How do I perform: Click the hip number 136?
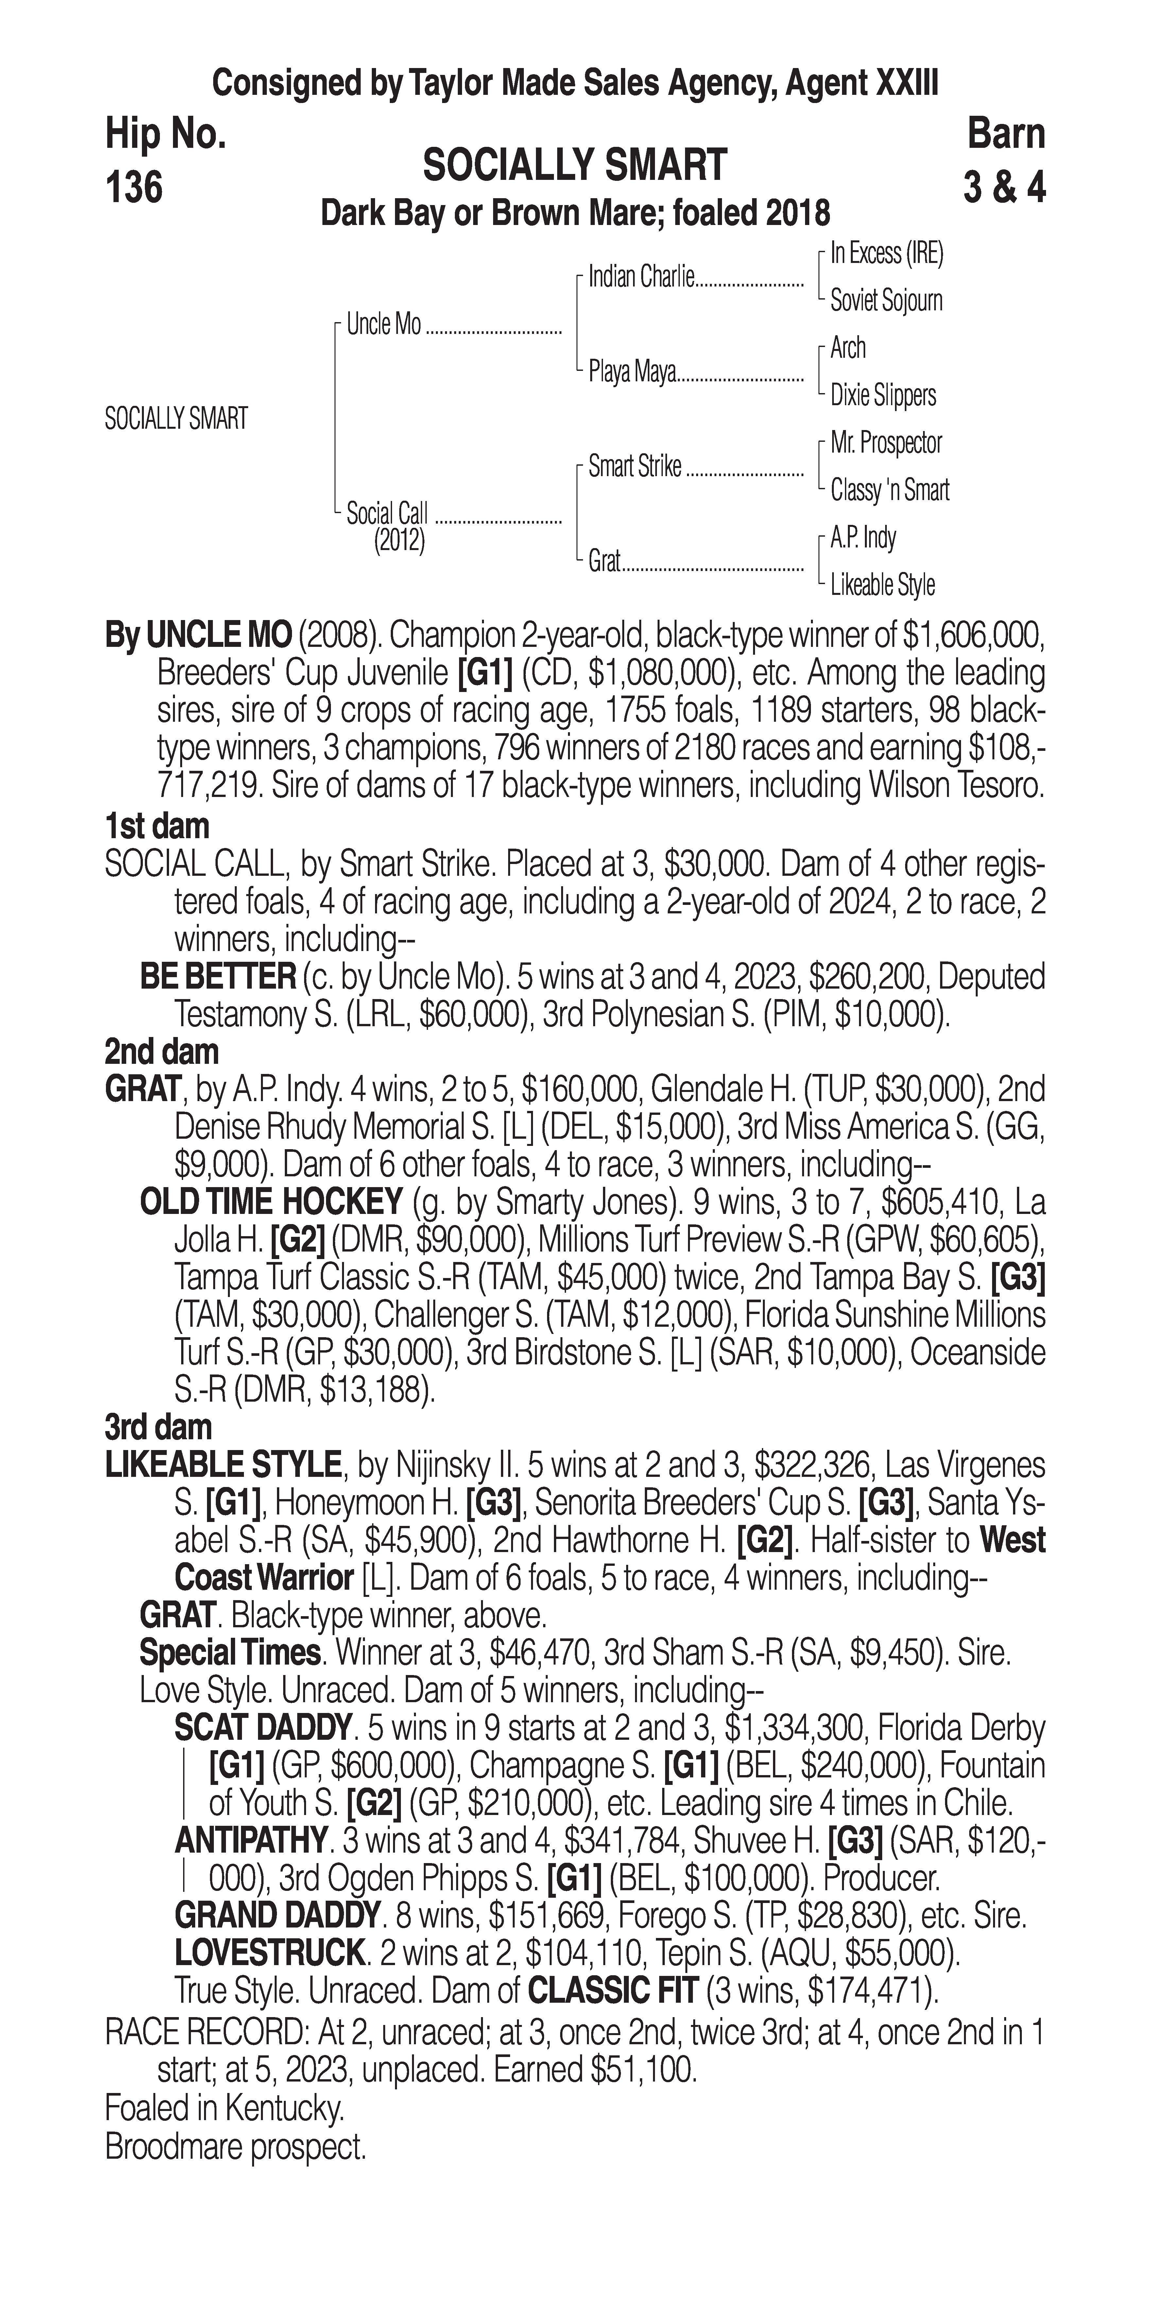click(134, 187)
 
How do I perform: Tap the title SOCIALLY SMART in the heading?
click(575, 166)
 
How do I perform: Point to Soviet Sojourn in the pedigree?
click(886, 301)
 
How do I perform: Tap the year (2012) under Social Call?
click(399, 541)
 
